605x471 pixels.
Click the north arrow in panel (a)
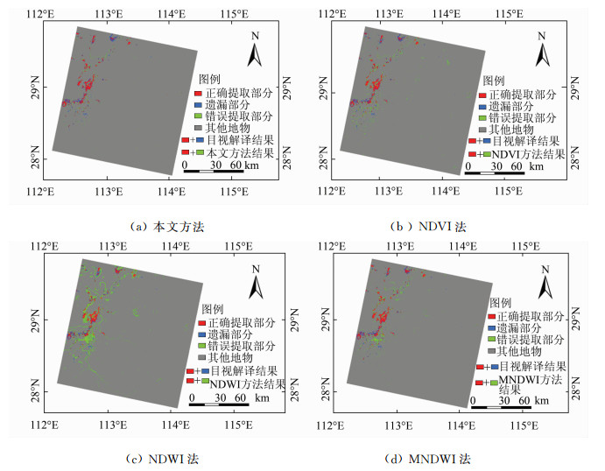(x=255, y=53)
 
